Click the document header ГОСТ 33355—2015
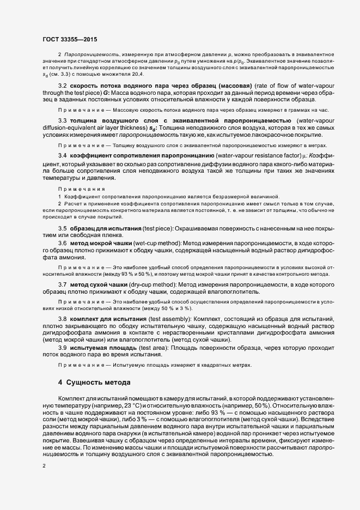pos(70,39)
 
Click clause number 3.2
pos(63,86)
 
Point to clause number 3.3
pos(63,120)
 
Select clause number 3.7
pos(63,284)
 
